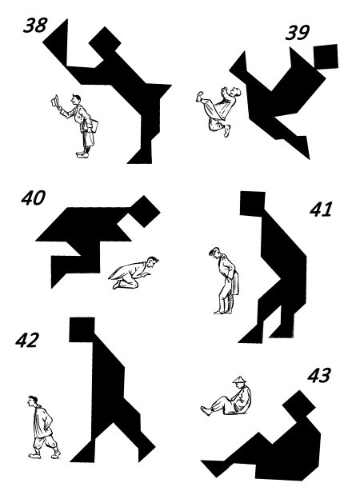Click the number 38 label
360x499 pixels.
35,26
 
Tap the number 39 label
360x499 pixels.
298,33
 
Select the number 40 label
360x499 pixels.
34,198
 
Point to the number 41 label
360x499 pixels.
321,209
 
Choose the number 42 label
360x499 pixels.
27,340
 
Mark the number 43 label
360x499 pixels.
319,375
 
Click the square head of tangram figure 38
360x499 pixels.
105,42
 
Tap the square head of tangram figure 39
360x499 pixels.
326,56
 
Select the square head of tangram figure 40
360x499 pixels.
145,211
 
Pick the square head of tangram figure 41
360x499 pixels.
253,204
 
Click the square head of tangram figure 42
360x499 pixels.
82,329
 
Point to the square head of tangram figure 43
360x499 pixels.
299,406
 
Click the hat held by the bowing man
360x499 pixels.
54,102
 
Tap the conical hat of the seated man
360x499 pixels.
240,380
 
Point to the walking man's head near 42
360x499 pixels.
32,401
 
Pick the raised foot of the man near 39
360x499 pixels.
199,96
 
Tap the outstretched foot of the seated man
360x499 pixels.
206,410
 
